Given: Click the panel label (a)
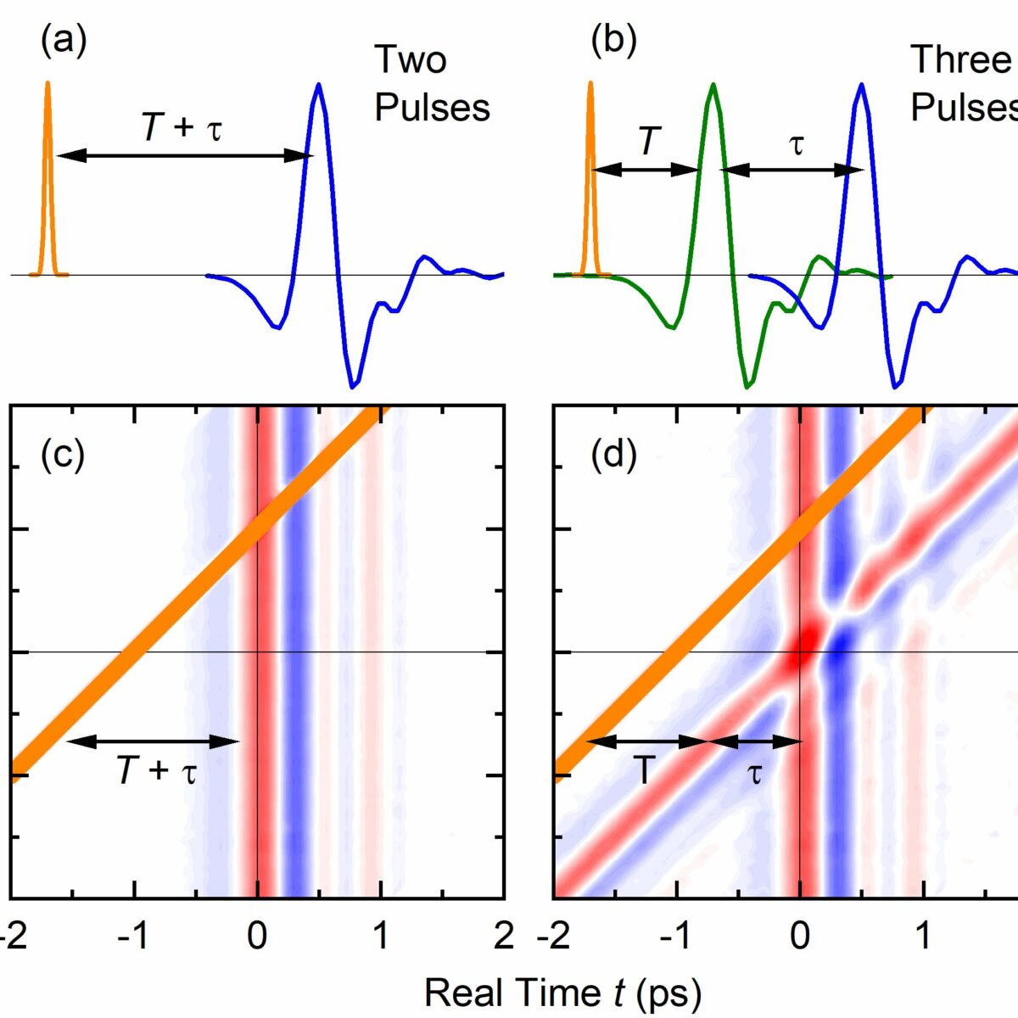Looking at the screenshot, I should [64, 42].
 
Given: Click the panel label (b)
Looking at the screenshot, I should [612, 42].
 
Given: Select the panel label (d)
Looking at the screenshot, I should [612, 456].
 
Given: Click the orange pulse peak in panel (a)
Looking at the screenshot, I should [48, 84].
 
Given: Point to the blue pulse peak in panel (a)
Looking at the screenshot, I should [318, 85].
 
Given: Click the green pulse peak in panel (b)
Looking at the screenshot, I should [713, 85].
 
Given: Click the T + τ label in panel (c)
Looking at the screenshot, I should [156, 771].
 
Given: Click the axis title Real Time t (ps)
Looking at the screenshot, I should [562, 992].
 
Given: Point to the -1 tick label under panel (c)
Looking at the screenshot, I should [133, 936].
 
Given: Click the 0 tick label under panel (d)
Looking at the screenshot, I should [799, 936].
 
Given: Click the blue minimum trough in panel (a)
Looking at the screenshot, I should [352, 387].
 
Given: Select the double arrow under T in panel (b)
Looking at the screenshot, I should [645, 170].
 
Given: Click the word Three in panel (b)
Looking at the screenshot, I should [960, 59].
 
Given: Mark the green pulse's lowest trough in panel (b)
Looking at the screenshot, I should [747, 387].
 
